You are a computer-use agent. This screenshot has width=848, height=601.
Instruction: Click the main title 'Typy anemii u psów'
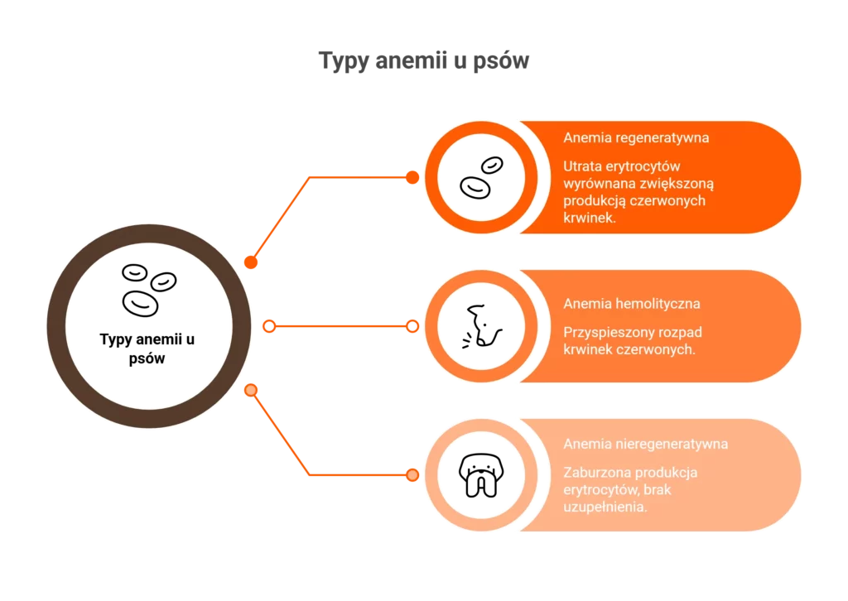[423, 60]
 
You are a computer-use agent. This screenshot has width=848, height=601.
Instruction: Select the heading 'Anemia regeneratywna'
[636, 137]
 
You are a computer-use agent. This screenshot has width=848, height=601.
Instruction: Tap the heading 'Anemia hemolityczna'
[632, 304]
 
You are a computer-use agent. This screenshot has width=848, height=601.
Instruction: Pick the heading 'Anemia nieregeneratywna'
[646, 444]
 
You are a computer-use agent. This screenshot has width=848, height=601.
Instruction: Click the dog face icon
[481, 475]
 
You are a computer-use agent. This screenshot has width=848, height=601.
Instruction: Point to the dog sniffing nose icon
[482, 326]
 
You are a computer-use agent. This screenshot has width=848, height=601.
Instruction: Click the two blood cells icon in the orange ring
[481, 177]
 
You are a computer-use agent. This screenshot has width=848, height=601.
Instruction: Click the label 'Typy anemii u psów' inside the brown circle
[147, 349]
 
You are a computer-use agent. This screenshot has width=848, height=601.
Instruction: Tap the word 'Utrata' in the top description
[583, 166]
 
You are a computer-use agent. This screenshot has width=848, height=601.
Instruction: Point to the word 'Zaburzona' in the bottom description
[595, 473]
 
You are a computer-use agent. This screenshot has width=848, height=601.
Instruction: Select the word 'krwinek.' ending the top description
[590, 218]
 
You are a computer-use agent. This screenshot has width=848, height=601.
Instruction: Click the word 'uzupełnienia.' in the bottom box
[605, 507]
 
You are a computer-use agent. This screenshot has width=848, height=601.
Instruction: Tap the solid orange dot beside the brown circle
[251, 262]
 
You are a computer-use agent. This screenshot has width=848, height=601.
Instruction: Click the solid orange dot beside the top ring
[412, 177]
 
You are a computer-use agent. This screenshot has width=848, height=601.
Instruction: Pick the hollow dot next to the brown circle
[269, 326]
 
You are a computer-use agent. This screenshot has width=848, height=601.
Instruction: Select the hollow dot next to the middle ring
[412, 326]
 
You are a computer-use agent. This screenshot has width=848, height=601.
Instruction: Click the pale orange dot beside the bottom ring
[412, 475]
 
